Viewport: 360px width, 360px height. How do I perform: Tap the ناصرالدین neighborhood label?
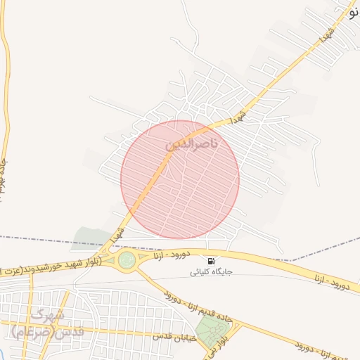pos(191,144)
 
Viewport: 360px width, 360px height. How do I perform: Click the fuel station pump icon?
pos(212,262)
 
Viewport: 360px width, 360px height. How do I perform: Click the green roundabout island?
pos(127,261)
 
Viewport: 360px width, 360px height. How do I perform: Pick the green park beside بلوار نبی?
pos(209,330)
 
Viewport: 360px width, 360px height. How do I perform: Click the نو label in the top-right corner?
pos(352,8)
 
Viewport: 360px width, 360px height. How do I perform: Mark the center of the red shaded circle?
pos(180,179)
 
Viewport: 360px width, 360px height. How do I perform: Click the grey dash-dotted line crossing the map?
pos(42,241)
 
